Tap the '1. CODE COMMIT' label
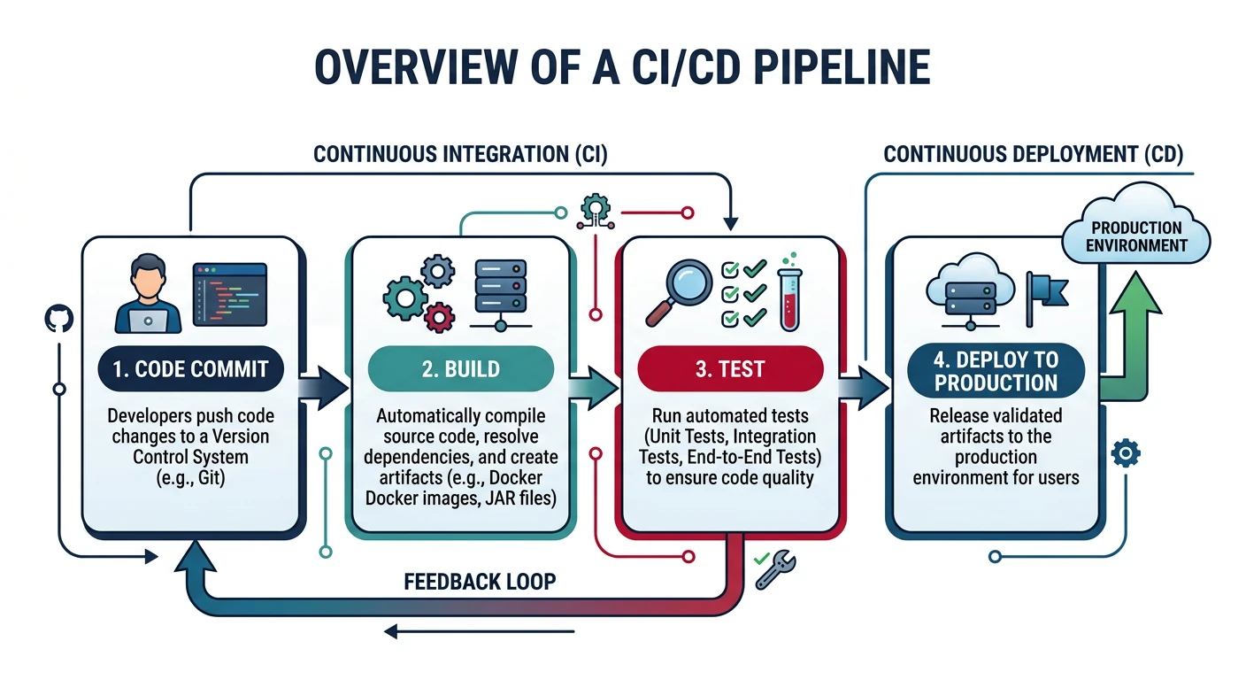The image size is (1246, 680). pos(191,369)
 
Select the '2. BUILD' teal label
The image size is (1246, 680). pos(460,369)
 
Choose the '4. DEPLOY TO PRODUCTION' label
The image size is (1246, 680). pos(996,371)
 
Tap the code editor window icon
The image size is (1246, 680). pos(230,294)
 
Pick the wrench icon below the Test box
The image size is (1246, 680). pos(776,571)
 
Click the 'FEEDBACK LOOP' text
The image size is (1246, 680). pos(480,582)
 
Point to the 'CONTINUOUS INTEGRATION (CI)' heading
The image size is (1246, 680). pos(460,155)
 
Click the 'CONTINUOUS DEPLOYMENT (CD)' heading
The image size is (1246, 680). pos(1033,155)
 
